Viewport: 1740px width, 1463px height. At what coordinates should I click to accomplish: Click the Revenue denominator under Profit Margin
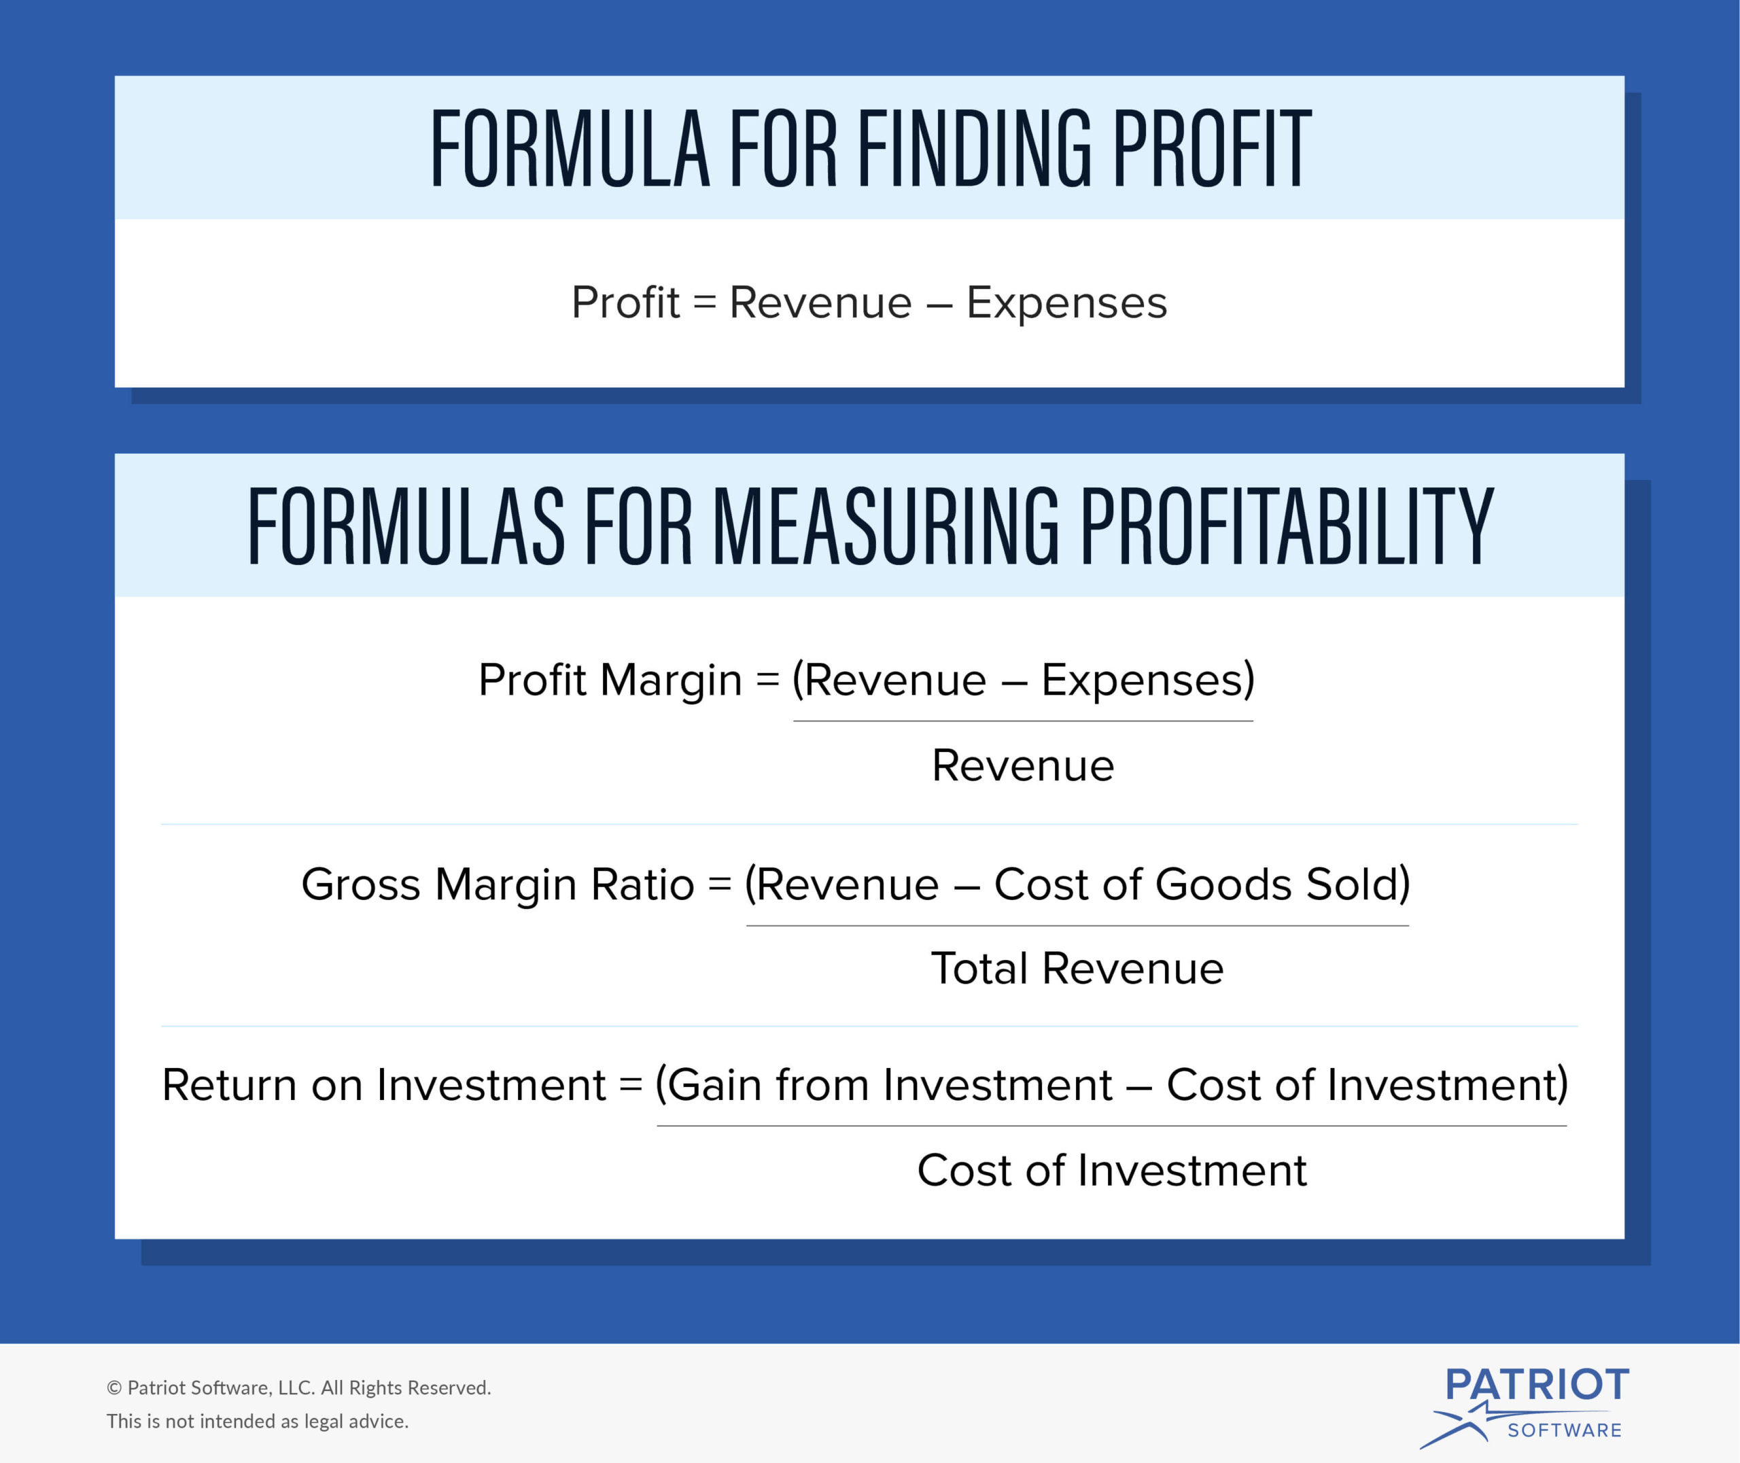click(1023, 765)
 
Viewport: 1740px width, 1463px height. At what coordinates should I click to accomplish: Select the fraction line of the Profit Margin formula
click(1023, 721)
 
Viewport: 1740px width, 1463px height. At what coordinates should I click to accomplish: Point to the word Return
click(230, 1085)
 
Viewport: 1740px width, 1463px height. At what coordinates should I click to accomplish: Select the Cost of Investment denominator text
click(1112, 1170)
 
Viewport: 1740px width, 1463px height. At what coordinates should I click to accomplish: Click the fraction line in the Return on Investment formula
click(1112, 1125)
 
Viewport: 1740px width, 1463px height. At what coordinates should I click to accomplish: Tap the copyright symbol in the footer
click(114, 1388)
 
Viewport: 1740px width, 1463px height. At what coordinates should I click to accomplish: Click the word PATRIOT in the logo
click(1537, 1384)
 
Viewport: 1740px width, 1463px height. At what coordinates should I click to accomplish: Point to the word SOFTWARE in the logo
click(1564, 1430)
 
